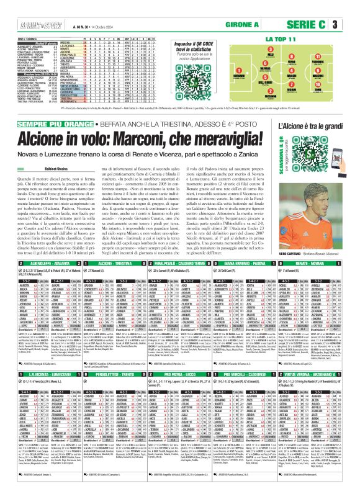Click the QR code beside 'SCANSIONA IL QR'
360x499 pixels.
coord(331,194)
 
